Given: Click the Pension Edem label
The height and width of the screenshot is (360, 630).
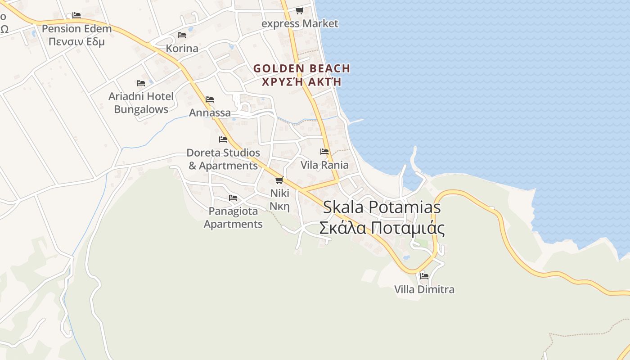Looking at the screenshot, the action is pos(76,29).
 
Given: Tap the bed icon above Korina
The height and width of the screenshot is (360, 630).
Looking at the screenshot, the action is pos(182,35).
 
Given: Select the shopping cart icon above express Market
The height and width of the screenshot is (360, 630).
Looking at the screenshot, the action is pos(299,10).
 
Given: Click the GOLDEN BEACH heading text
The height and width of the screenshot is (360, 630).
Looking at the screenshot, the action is pos(301,68).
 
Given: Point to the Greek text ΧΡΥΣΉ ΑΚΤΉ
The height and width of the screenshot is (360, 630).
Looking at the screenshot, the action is pos(301,82).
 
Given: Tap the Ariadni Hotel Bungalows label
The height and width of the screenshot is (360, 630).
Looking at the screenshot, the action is pos(141,103).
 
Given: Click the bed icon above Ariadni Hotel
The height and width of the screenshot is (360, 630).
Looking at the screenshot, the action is pos(141,83).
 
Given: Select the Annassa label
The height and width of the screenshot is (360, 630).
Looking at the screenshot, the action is pos(210,112).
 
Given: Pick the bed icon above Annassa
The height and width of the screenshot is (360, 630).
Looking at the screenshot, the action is pos(210,99).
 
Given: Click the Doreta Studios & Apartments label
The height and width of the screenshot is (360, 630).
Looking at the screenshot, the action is pos(223,159).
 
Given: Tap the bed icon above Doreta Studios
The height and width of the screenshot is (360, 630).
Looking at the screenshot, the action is pos(223,139).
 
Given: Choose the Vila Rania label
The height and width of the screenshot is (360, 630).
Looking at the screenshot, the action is pos(324,165).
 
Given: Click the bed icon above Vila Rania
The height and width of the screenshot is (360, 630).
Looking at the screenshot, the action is pos(324,152).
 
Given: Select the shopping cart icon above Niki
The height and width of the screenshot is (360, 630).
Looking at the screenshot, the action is pos(279,180).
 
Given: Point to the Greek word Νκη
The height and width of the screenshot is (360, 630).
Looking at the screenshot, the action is pos(279,206).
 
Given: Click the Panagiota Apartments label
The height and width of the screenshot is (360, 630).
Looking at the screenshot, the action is pos(233,217).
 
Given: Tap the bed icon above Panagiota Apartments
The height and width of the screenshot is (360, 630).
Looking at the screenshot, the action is pos(233,198).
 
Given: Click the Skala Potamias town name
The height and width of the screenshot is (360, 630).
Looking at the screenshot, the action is pos(382,207).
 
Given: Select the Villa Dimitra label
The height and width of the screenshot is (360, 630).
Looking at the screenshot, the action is pos(424,289).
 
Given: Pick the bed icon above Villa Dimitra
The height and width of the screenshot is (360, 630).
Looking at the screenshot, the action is pos(424,276).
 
